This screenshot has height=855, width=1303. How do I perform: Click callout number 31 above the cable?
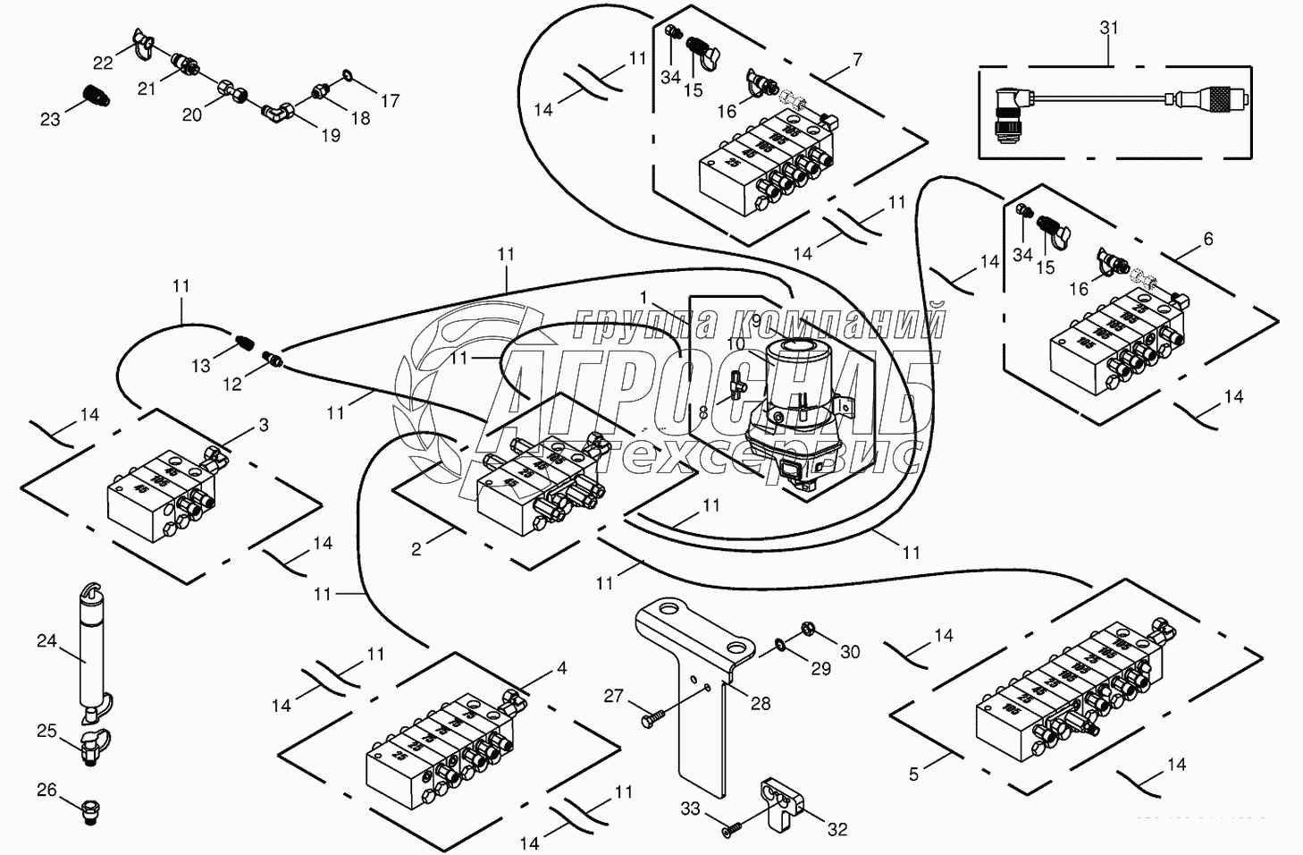click(x=1108, y=28)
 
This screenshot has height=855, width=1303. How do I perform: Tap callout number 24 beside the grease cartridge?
click(x=46, y=641)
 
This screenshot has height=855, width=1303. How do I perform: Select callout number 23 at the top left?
click(x=50, y=118)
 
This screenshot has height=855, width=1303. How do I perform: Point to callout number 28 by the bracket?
click(x=760, y=704)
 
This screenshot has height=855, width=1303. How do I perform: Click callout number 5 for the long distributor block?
click(x=913, y=775)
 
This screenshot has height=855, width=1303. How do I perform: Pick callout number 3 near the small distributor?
click(x=264, y=426)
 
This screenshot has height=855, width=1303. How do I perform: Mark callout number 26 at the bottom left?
click(x=46, y=790)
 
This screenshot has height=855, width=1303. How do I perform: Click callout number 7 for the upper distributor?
click(x=857, y=60)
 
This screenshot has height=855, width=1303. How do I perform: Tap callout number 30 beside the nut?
click(x=850, y=652)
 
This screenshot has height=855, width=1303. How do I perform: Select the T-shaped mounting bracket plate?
click(x=697, y=689)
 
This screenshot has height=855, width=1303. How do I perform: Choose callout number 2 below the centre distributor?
click(x=416, y=549)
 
